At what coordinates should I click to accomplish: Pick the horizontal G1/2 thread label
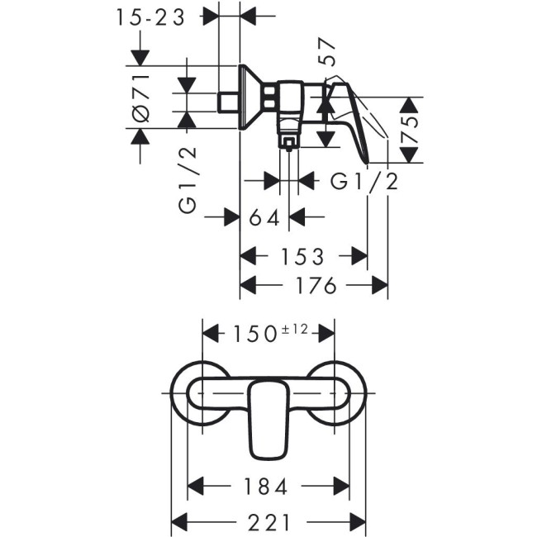[x=364, y=181]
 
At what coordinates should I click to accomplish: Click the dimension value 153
[x=302, y=256]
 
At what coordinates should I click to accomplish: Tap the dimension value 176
[x=314, y=286]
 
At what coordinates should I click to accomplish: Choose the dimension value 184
[x=268, y=487]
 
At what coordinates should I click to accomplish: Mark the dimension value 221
[x=268, y=522]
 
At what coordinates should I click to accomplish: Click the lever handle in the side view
[x=355, y=116]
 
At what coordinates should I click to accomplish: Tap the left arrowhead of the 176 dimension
[x=247, y=286]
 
